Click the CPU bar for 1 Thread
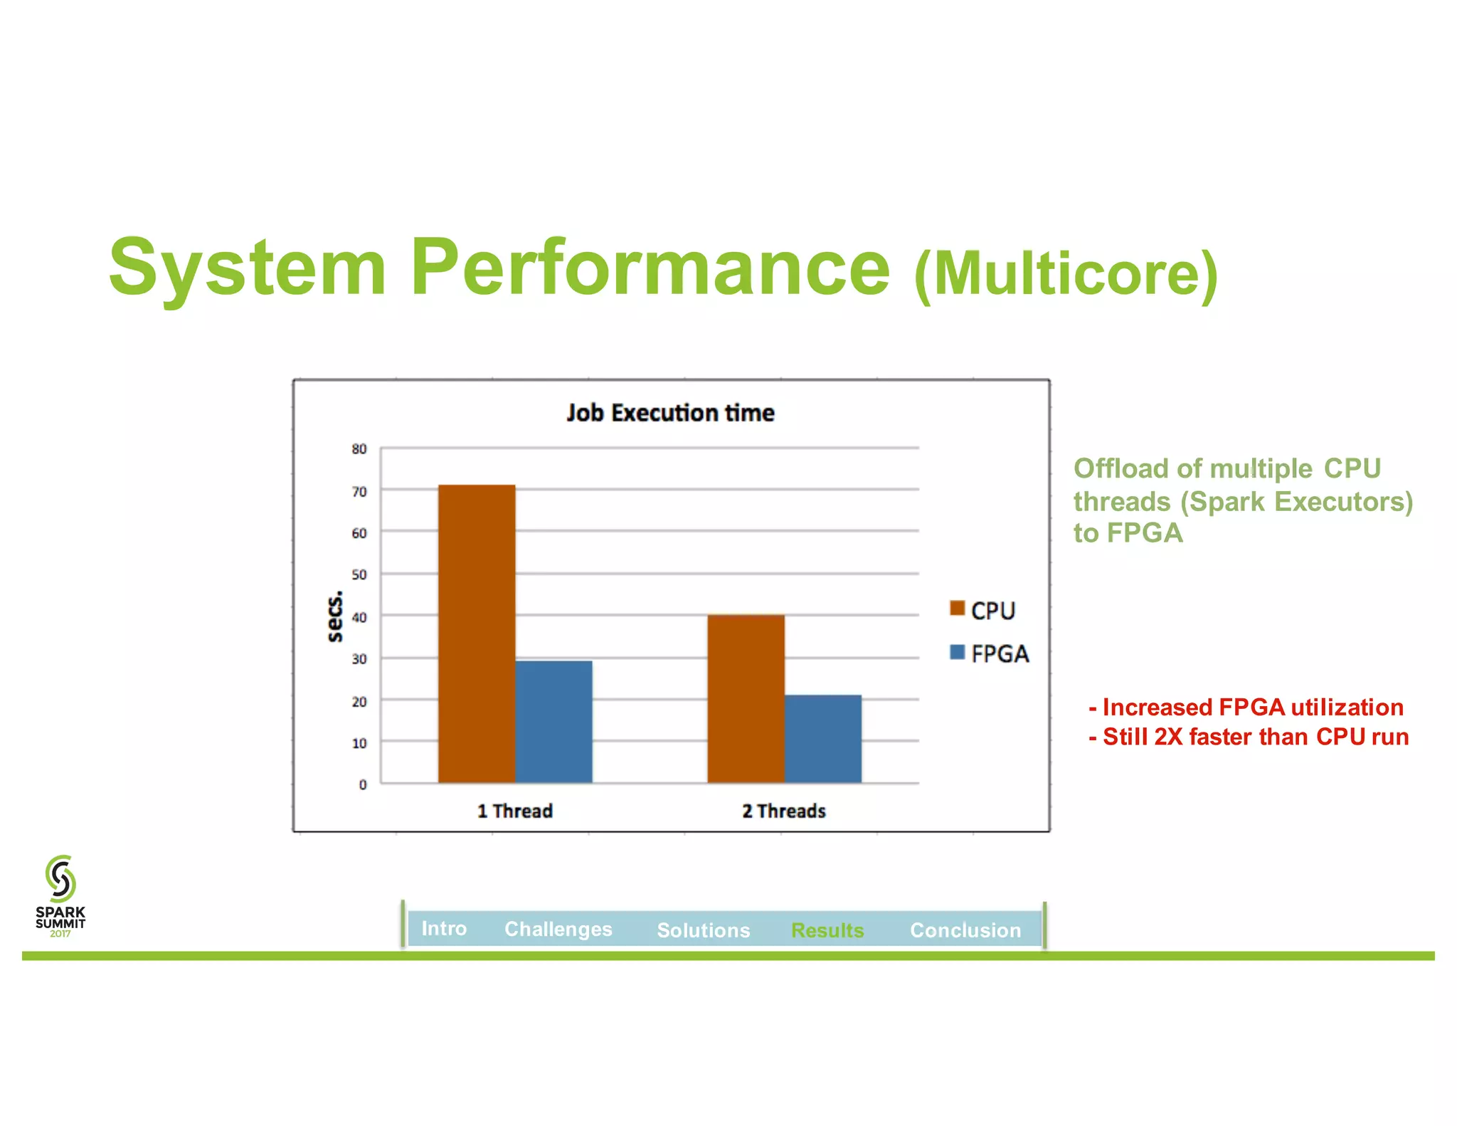coord(476,633)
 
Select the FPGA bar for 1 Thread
coord(553,722)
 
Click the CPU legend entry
coord(982,611)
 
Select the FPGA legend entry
coord(989,653)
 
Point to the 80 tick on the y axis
coord(359,449)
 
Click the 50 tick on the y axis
coord(359,574)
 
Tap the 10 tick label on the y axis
coord(359,743)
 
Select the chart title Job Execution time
coord(670,413)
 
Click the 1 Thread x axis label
coord(514,811)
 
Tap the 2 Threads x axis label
coord(783,811)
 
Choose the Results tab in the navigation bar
coord(827,930)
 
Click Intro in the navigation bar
coord(444,928)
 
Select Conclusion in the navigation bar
coord(965,930)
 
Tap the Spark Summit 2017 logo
coord(60,895)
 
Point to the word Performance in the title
coord(650,268)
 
